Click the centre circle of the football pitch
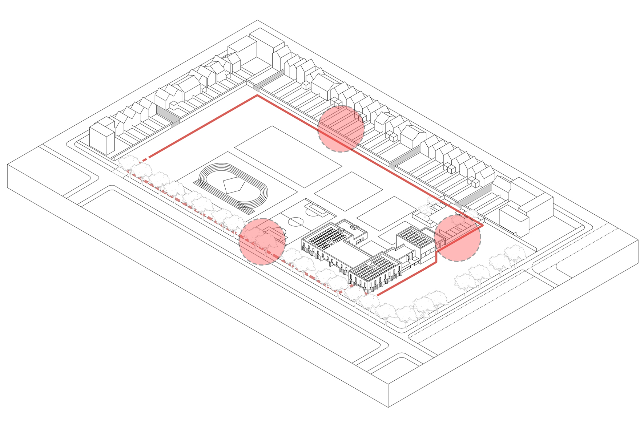(x=296, y=221)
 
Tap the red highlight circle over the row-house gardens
(x=341, y=129)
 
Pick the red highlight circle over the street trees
(x=262, y=242)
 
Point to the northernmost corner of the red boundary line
(x=257, y=96)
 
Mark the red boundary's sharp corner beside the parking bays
(x=483, y=226)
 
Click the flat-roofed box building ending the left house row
(x=102, y=139)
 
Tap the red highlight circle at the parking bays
(x=458, y=238)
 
